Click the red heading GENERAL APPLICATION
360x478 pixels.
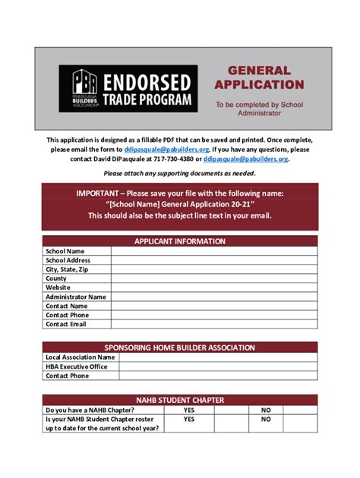(259, 77)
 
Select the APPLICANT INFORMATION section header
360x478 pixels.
(180, 241)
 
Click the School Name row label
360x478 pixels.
(65, 251)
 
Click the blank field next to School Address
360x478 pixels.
(213, 260)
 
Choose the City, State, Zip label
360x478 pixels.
(68, 269)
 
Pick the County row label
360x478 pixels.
(56, 278)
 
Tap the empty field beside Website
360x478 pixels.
(213, 288)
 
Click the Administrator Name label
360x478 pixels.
(76, 297)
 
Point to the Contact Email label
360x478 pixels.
(66, 324)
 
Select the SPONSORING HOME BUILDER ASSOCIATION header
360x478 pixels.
(180, 347)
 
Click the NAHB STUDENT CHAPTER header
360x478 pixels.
(180, 399)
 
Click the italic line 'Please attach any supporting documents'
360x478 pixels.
(180, 174)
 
